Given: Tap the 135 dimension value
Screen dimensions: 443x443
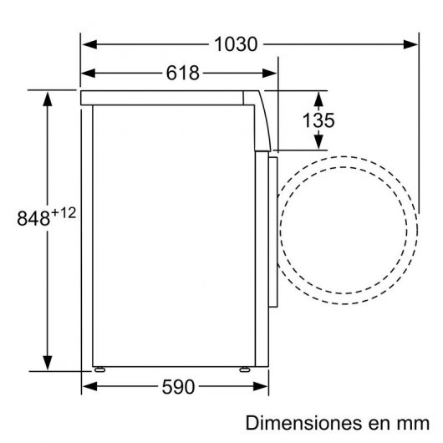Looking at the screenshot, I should coord(318,120).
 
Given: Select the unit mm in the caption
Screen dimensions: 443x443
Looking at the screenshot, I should coord(411,422).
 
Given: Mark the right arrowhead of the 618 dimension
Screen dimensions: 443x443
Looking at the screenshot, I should coord(269,73).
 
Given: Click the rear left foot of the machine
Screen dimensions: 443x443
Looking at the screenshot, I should coord(100,368).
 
